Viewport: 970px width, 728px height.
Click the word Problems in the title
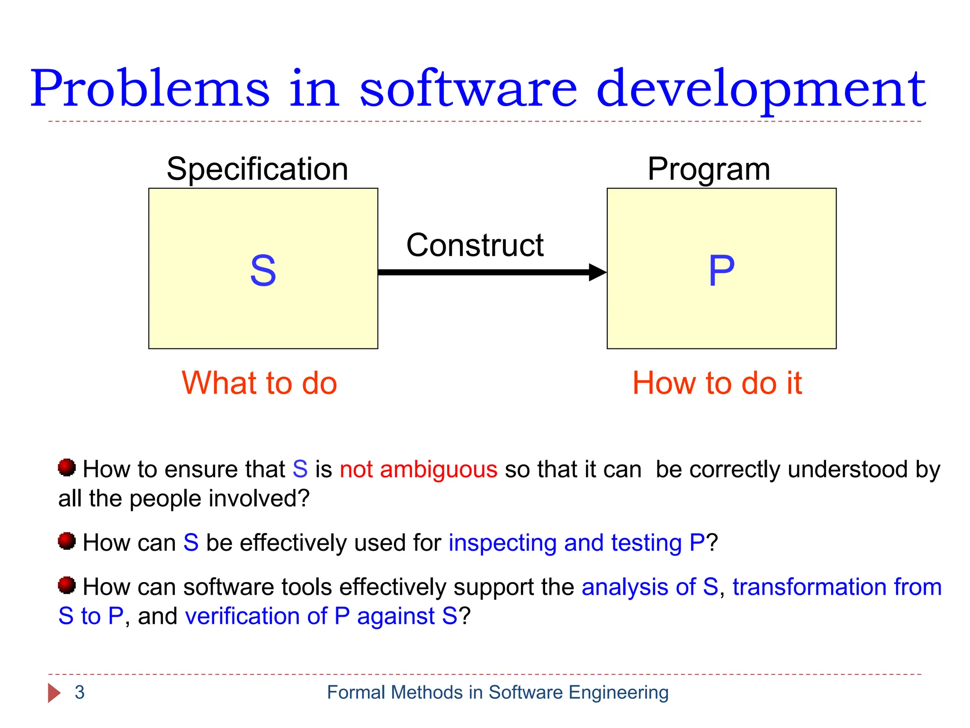click(149, 89)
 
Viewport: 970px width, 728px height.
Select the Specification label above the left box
click(257, 169)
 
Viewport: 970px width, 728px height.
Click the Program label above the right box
click(709, 169)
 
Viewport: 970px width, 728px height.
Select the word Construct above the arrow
click(475, 246)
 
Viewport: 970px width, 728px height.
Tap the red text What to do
click(259, 383)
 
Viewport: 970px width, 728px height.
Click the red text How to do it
click(717, 383)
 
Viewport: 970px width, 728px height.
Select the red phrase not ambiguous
click(418, 469)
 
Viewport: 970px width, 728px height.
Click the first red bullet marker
click(67, 467)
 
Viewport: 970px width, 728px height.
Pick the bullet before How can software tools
click(67, 585)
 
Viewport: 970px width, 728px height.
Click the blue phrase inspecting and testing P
click(576, 543)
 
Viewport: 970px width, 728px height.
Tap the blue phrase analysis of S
click(649, 587)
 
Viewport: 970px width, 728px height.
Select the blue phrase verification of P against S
click(321, 616)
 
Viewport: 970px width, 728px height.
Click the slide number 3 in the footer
click(80, 692)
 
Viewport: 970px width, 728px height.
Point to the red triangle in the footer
click(54, 693)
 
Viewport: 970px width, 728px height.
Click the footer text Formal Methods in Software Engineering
click(497, 692)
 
